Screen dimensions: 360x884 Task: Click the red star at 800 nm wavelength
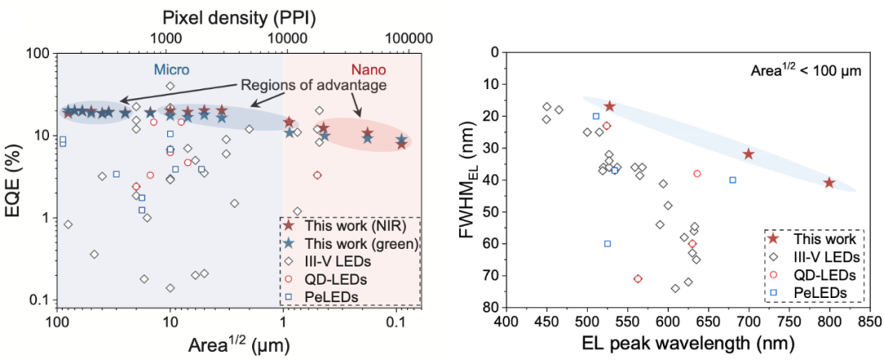[x=829, y=183]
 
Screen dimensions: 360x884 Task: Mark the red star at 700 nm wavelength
[x=748, y=154]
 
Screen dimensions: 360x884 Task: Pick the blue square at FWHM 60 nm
[x=607, y=244]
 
